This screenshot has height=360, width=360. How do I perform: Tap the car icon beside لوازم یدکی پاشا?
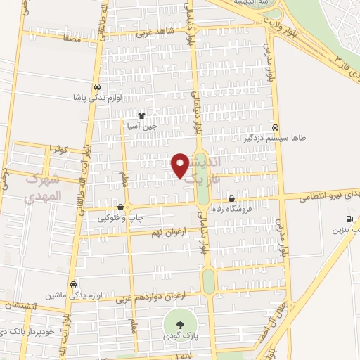click(x=96, y=86)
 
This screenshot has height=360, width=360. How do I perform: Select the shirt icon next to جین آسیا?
click(x=141, y=115)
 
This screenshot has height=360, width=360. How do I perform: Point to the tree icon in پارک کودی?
click(x=181, y=325)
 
